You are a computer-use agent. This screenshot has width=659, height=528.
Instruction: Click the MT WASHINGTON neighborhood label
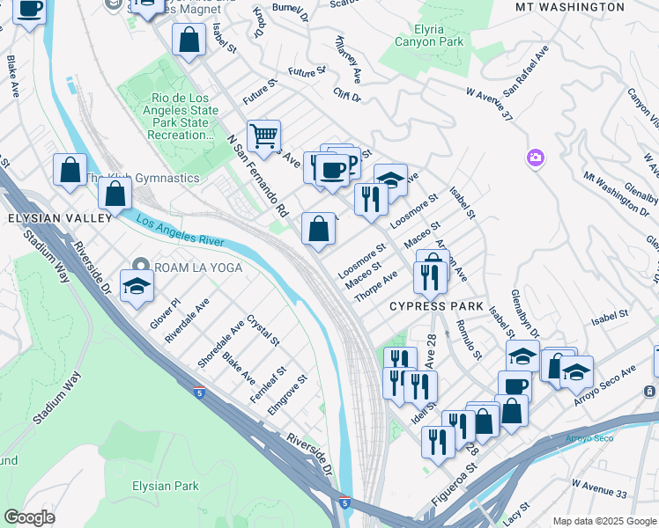571,7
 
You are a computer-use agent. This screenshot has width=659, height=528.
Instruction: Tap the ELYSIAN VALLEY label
60,216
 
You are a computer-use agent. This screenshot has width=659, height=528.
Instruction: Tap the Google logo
30,517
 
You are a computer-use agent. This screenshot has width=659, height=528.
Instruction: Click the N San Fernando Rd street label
257,175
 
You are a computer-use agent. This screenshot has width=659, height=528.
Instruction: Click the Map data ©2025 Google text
604,521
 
